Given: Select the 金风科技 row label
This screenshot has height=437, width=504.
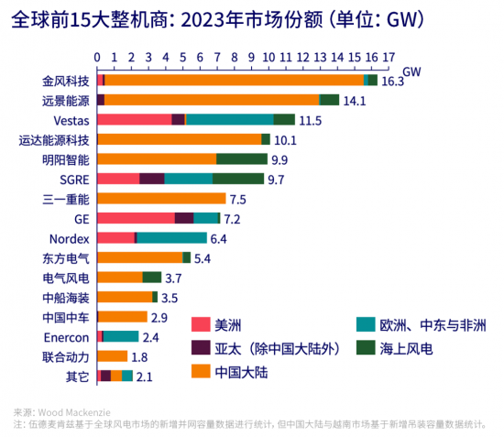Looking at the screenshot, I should pyautogui.click(x=66, y=80).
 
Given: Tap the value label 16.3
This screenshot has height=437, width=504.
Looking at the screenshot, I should pyautogui.click(x=392, y=81).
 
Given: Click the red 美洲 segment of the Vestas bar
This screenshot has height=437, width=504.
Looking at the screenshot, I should pyautogui.click(x=134, y=119).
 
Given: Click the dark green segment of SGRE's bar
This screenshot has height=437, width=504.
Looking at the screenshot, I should pyautogui.click(x=237, y=179).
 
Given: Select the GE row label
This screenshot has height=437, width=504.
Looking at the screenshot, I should pyautogui.click(x=81, y=219).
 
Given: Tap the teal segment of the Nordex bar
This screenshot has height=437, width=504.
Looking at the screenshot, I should pyautogui.click(x=171, y=238).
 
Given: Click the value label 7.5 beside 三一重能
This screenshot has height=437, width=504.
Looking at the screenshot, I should pyautogui.click(x=238, y=199).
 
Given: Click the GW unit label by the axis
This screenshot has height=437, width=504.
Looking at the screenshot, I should pyautogui.click(x=411, y=70).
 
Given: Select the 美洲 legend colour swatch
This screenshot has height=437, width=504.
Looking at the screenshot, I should pyautogui.click(x=201, y=324).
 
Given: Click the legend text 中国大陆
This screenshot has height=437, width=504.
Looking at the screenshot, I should pyautogui.click(x=242, y=372).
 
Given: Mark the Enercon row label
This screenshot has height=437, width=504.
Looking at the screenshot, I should pyautogui.click(x=66, y=337).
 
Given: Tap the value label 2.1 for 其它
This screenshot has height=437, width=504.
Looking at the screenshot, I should pyautogui.click(x=145, y=377).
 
